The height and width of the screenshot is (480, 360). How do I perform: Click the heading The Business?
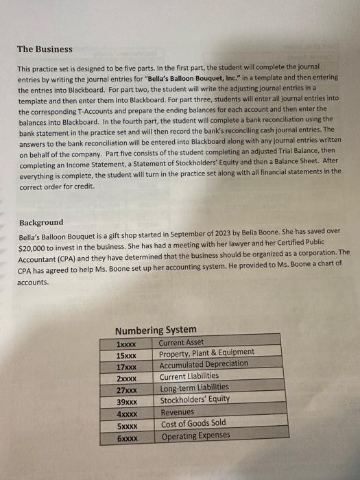(45, 49)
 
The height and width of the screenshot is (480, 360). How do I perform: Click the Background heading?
(41, 222)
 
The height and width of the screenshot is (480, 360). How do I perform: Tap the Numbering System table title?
(156, 329)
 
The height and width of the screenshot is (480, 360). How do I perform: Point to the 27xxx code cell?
(128, 389)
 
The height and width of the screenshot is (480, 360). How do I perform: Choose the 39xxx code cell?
(128, 400)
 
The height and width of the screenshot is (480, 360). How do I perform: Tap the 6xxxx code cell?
(128, 437)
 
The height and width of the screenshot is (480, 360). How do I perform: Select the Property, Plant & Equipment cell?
(206, 352)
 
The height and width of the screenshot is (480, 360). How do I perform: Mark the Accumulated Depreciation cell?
(204, 364)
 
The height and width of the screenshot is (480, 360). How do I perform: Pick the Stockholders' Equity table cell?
(195, 400)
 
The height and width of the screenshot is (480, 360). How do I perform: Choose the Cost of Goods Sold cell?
(193, 424)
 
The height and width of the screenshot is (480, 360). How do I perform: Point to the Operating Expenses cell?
(195, 435)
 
